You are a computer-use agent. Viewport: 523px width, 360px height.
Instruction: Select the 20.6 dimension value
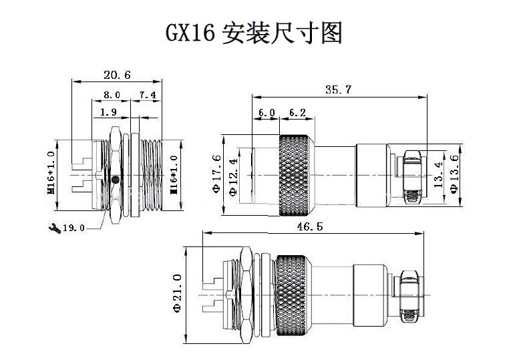(117, 74)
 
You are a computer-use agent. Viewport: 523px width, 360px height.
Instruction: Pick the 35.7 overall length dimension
(339, 90)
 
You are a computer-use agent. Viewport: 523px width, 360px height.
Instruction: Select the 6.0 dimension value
(267, 114)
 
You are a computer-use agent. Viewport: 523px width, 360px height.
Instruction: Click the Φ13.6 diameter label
(455, 174)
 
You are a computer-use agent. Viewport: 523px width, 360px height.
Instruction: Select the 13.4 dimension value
(439, 174)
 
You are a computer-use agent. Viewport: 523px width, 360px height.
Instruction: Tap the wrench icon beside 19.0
(54, 227)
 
